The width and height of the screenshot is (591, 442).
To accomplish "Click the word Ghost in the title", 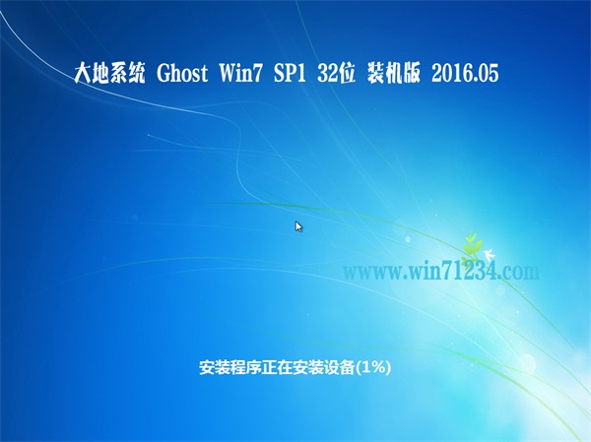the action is [x=181, y=73].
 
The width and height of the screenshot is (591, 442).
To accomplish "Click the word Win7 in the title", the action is [x=239, y=73].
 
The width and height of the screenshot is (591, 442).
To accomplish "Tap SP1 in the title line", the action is [x=289, y=73].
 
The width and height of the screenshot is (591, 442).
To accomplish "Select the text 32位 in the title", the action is [x=336, y=73].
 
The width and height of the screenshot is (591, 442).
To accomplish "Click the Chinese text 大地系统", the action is [x=109, y=73].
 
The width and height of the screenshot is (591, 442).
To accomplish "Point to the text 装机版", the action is [x=393, y=73].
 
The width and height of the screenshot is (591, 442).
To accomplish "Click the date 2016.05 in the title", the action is [x=465, y=73].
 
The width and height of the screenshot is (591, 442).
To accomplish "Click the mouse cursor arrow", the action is [x=298, y=226].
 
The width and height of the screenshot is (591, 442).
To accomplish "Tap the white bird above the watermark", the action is [x=489, y=254].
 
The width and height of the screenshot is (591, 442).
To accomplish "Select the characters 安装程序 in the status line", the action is [x=230, y=367].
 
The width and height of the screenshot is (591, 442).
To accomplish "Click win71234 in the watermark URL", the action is [x=452, y=272].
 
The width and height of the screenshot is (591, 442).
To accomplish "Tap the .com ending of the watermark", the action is [x=517, y=272].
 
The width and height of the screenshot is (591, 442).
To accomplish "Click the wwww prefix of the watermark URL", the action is [x=372, y=274].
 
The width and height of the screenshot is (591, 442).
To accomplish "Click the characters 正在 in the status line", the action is [x=277, y=367].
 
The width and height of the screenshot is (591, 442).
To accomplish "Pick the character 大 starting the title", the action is [x=82, y=73].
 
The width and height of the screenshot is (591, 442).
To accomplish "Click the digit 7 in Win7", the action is [x=255, y=73].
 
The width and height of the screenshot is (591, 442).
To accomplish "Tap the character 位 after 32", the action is [x=347, y=73].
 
